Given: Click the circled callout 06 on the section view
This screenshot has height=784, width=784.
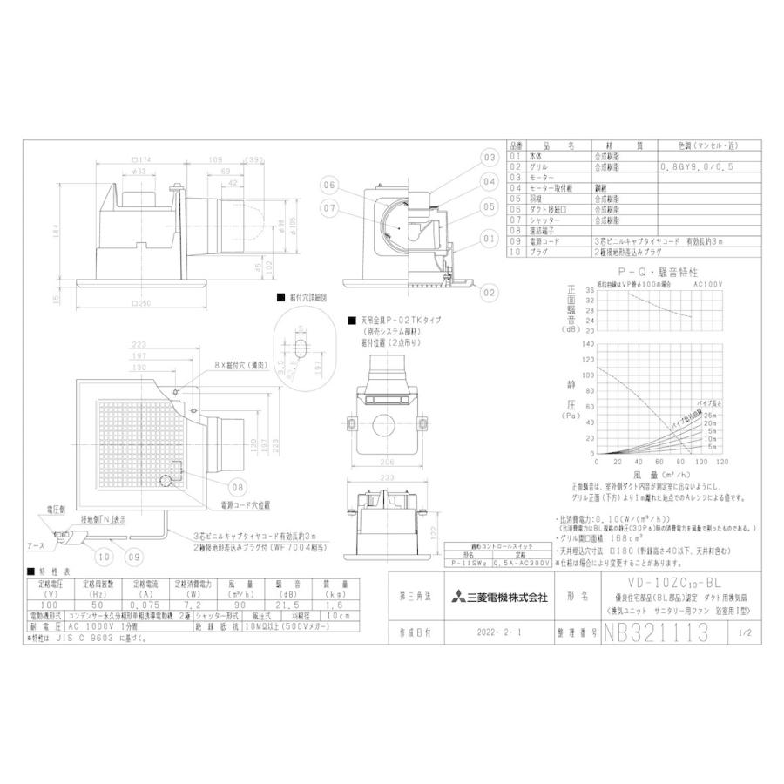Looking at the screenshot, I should pos(328,185).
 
